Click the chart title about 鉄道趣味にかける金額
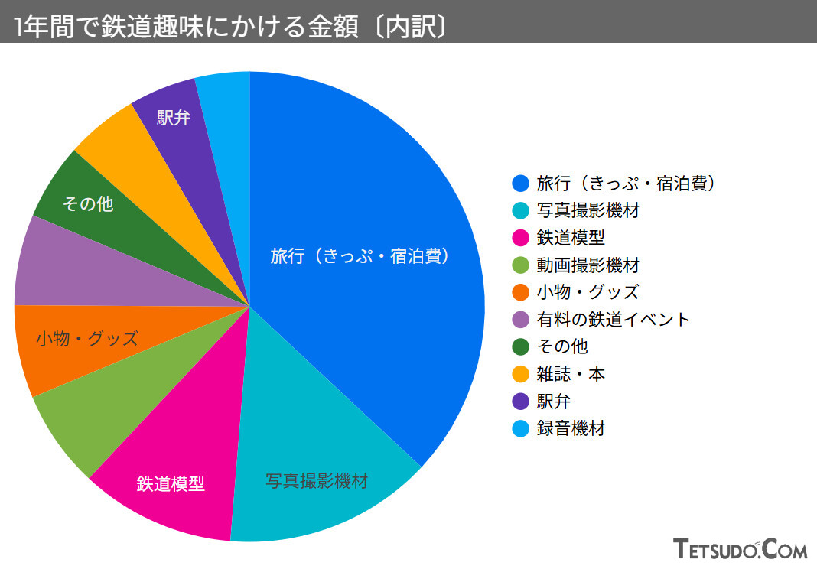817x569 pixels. tap(229, 26)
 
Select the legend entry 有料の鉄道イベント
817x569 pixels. tap(613, 320)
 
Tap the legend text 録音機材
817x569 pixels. tap(571, 429)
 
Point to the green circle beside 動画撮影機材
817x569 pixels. tap(520, 265)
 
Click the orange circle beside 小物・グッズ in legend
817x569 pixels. tap(520, 292)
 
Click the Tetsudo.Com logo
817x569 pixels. tap(740, 548)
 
